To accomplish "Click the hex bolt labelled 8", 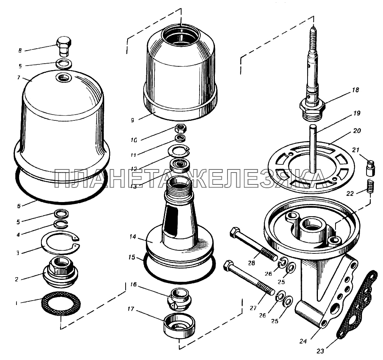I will (64, 46).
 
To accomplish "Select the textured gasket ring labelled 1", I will (61, 302).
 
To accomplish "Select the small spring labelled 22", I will (370, 187).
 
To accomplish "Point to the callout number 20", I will (356, 131).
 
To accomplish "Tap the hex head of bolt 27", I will (228, 265).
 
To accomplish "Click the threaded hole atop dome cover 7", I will (63, 78).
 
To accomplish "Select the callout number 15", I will (132, 257).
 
